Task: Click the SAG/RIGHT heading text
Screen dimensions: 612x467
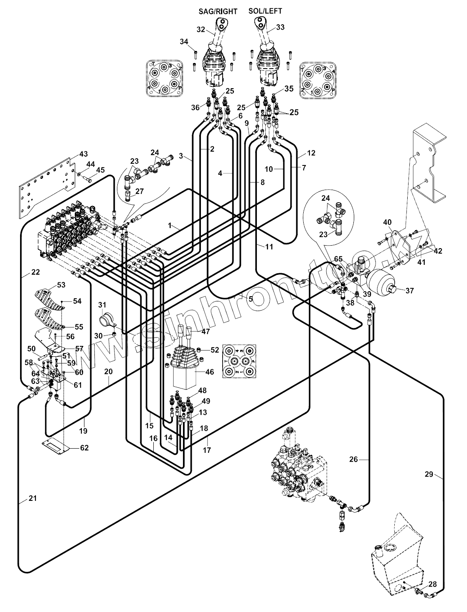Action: [x=217, y=12]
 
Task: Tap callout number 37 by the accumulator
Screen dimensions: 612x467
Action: [x=410, y=291]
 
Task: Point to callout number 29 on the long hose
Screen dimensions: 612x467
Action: [x=429, y=474]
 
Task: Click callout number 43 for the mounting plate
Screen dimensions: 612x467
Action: [x=84, y=154]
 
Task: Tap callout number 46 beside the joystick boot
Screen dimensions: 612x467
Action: [x=210, y=371]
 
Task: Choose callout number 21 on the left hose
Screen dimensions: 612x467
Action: [x=33, y=498]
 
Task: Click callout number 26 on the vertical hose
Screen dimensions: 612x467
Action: [x=353, y=460]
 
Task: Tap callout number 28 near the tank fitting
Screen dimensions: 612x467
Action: [x=432, y=584]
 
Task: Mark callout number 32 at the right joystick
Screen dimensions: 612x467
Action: [x=201, y=29]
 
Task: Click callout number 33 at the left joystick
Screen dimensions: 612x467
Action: [x=280, y=28]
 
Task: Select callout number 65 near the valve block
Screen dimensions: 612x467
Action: [x=338, y=259]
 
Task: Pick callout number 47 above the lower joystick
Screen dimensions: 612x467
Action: [x=206, y=331]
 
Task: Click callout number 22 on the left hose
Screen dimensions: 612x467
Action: [x=35, y=272]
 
